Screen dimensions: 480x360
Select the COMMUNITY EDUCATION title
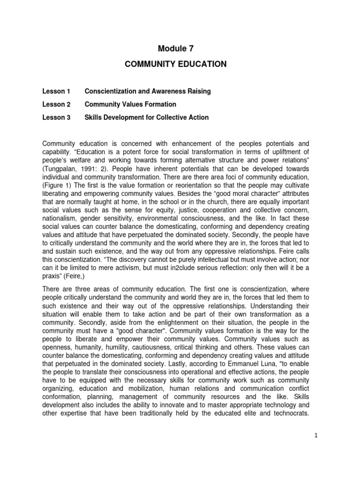(175, 64)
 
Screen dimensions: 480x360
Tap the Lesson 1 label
(56, 91)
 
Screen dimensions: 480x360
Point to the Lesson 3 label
(56, 118)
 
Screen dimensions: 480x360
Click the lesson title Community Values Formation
(130, 105)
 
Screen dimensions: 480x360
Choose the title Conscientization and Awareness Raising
(147, 91)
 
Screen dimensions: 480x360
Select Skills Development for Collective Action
(146, 118)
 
